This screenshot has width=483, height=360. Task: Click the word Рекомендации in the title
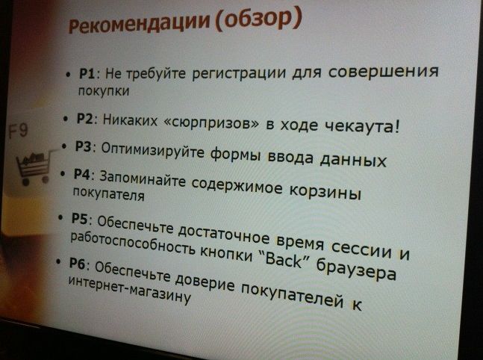point(139,23)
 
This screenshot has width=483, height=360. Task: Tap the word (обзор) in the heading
point(259,19)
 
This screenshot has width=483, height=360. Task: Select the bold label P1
point(88,74)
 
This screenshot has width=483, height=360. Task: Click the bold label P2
point(85,119)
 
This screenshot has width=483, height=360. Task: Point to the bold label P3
point(84,146)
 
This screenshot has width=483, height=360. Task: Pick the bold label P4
point(82,175)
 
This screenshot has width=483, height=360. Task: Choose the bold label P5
point(80,218)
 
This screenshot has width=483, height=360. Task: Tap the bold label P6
point(78,264)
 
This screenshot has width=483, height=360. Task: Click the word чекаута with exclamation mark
point(363,126)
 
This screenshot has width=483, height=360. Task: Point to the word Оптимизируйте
point(152,150)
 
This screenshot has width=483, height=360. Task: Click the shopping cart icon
point(33,167)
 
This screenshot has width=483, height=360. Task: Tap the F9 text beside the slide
point(18,131)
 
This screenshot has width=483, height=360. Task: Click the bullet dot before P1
point(69,75)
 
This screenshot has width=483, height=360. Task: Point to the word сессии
point(361,249)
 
